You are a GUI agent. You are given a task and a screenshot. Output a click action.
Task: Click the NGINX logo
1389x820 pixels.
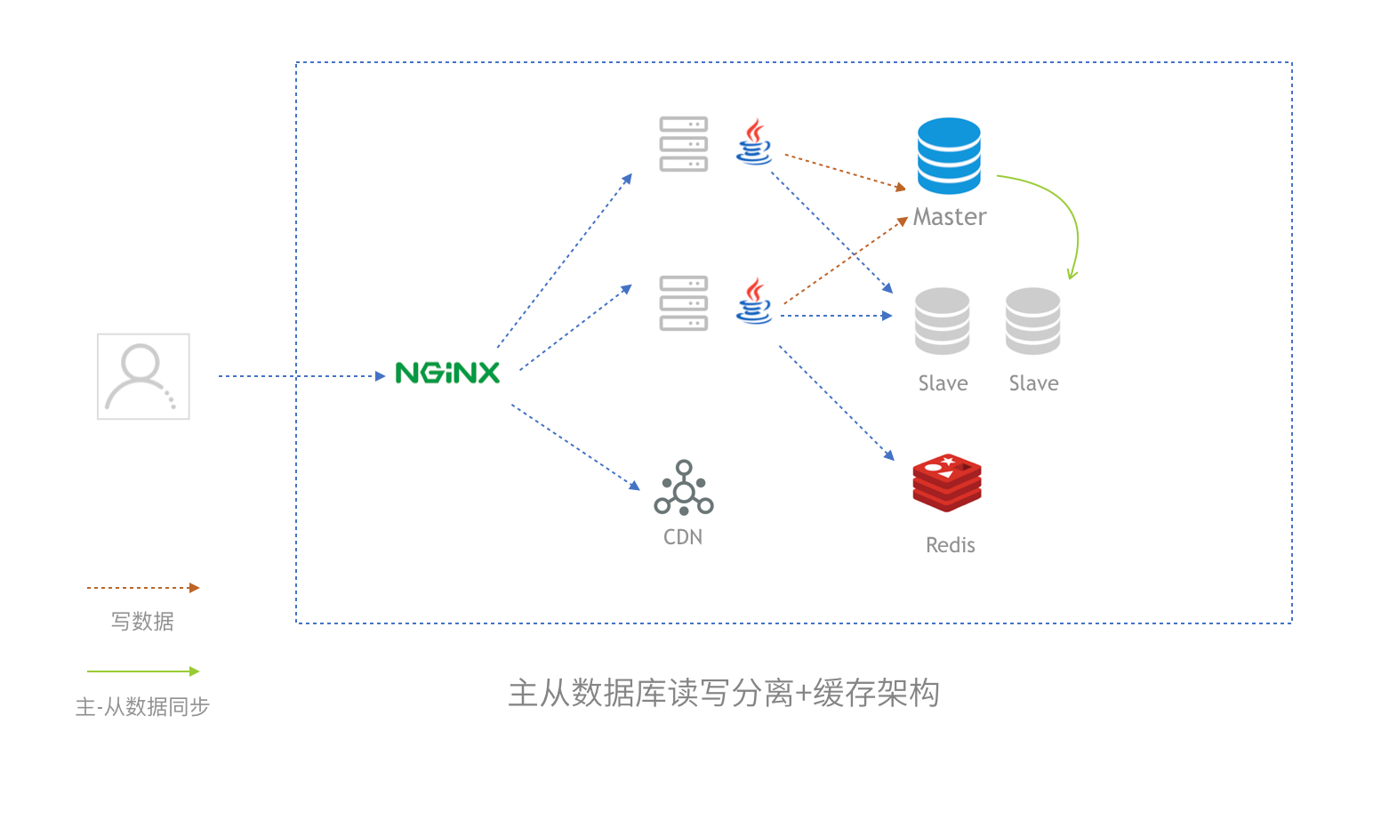pyautogui.click(x=447, y=373)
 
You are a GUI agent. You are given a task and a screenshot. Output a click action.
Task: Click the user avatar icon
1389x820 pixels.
pyautogui.click(x=143, y=376)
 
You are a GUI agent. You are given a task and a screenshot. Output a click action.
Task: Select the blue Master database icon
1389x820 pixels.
pyautogui.click(x=949, y=156)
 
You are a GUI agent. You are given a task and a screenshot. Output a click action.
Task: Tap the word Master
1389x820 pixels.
pyautogui.click(x=950, y=217)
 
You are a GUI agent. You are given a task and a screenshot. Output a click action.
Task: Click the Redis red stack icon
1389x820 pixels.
pyautogui.click(x=947, y=483)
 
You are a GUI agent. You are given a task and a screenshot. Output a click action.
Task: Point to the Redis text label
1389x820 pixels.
pyautogui.click(x=950, y=545)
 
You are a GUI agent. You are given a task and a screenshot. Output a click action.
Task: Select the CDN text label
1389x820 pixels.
pyautogui.click(x=683, y=537)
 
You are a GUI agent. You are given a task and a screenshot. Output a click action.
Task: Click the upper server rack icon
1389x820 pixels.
pyautogui.click(x=683, y=144)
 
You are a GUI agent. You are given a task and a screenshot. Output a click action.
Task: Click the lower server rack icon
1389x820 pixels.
pyautogui.click(x=683, y=303)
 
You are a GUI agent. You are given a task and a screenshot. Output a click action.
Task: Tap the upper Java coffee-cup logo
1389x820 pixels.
pyautogui.click(x=754, y=142)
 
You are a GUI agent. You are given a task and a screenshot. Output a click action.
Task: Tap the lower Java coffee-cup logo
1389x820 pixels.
pyautogui.click(x=754, y=301)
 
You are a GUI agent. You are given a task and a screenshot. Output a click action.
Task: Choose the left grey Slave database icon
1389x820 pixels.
pyautogui.click(x=942, y=321)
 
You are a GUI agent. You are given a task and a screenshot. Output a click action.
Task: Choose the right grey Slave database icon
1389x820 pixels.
pyautogui.click(x=1032, y=321)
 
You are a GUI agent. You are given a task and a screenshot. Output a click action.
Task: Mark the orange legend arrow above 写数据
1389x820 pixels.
pyautogui.click(x=142, y=588)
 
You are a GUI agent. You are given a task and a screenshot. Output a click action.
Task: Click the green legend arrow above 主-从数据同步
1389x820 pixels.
pyautogui.click(x=142, y=671)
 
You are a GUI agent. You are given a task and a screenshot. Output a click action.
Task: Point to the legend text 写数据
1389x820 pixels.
pyautogui.click(x=142, y=622)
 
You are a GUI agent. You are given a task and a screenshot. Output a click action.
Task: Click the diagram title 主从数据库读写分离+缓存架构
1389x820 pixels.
pyautogui.click(x=723, y=693)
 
